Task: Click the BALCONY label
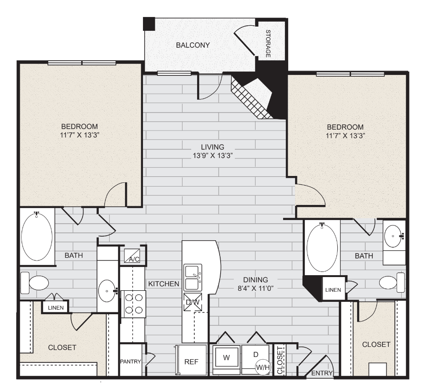tap(193, 45)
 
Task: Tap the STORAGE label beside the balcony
tap(268, 44)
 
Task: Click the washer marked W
tap(226, 357)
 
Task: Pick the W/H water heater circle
tap(263, 368)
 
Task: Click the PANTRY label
tap(131, 362)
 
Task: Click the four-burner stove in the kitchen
tap(133, 304)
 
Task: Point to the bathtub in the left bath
tap(36, 237)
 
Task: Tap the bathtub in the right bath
tap(322, 248)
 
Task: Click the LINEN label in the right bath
tap(333, 290)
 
